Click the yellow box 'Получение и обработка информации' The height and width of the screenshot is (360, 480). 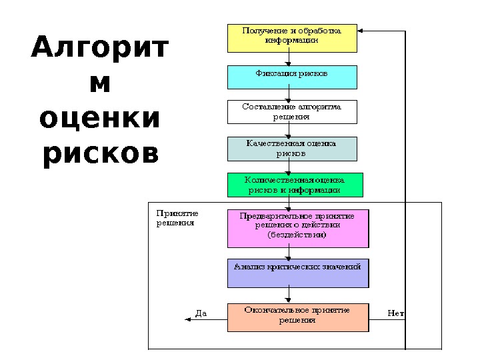292,38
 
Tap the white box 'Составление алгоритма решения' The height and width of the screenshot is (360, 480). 292,112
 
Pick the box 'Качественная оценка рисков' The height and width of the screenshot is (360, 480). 292,149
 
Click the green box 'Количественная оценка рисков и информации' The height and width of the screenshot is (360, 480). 295,185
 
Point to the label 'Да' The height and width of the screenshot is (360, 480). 201,313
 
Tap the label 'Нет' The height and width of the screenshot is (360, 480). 395,313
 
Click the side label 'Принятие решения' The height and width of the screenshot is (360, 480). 177,218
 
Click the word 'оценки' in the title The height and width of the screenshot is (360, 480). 100,119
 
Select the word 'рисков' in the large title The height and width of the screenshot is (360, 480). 100,153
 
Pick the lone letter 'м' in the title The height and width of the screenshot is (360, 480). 100,84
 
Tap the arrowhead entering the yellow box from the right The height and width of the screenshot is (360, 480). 361,30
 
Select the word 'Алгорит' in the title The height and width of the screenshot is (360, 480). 100,49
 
